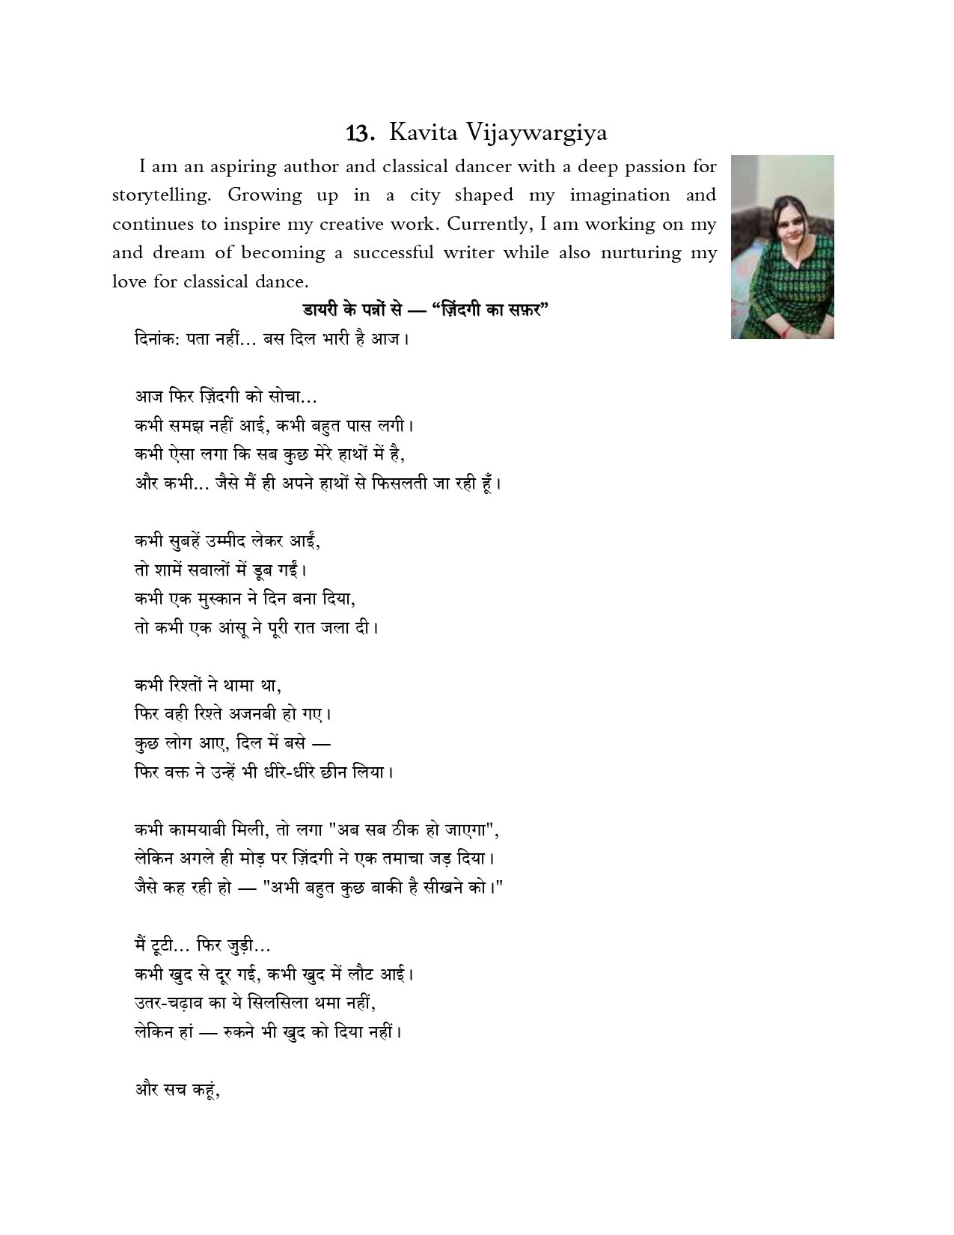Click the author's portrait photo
pos(782,246)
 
